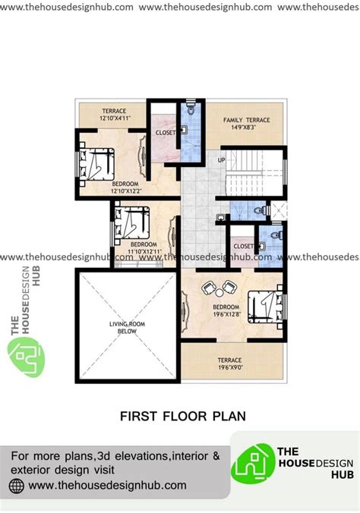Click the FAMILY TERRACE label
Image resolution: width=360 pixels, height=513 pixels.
click(x=247, y=120)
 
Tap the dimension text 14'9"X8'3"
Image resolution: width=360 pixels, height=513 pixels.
click(x=243, y=127)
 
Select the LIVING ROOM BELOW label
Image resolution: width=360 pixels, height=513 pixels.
click(x=127, y=328)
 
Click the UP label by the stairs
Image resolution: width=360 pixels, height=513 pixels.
click(x=222, y=160)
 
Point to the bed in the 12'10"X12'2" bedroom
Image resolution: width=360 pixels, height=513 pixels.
click(x=96, y=164)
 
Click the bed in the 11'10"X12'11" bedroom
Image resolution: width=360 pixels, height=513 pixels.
click(x=131, y=222)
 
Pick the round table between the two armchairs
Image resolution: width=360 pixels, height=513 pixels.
click(x=219, y=292)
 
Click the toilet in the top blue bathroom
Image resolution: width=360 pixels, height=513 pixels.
click(x=191, y=109)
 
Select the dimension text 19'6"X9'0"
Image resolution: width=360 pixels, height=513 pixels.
click(x=230, y=367)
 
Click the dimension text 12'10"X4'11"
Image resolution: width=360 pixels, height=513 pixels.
click(x=114, y=118)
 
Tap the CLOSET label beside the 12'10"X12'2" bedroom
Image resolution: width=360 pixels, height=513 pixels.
click(x=166, y=133)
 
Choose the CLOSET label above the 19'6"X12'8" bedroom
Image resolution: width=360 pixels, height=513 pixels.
click(x=243, y=246)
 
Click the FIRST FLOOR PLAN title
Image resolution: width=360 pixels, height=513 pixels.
click(x=183, y=416)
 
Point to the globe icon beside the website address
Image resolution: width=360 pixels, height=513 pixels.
click(x=17, y=486)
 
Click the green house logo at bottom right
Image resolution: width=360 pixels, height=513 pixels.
click(x=253, y=464)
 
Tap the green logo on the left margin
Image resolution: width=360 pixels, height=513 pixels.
click(x=27, y=357)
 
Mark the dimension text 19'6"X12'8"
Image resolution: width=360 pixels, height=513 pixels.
click(x=226, y=314)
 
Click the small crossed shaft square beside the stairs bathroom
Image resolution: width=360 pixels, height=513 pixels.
click(x=279, y=211)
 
